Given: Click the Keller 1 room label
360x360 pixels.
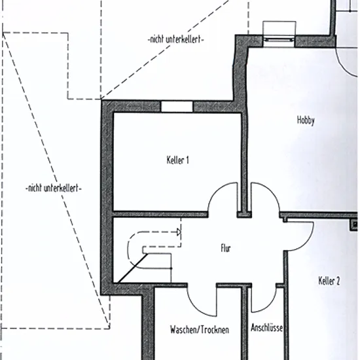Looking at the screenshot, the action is click(177, 160).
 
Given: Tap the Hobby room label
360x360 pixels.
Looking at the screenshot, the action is click(306, 120).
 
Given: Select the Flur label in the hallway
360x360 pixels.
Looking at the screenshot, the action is click(226, 248).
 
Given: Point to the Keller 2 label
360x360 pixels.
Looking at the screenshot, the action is click(329, 281).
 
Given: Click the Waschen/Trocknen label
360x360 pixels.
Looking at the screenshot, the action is click(200, 330).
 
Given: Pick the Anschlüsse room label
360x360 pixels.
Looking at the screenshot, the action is click(267, 328).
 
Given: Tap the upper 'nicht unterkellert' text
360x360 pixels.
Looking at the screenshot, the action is click(176, 39).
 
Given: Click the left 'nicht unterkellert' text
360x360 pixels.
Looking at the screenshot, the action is click(54, 189).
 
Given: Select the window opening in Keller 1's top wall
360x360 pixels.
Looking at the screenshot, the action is click(177, 107).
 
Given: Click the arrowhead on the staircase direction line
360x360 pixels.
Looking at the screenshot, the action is click(179, 232).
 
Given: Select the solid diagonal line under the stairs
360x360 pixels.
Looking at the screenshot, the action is click(133, 268).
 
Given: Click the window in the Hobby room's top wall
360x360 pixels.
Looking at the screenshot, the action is click(279, 40).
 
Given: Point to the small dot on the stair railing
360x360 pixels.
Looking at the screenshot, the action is click(171, 268).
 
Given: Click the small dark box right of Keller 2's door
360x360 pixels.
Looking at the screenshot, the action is click(354, 225).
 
